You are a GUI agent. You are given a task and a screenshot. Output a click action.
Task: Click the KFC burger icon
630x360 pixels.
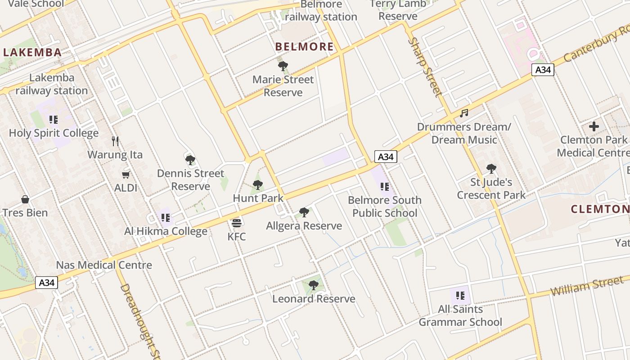tap(237, 223)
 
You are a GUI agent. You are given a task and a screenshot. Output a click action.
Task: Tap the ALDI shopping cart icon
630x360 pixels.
tap(126, 175)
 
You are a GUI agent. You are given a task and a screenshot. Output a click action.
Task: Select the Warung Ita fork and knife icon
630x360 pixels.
tap(115, 141)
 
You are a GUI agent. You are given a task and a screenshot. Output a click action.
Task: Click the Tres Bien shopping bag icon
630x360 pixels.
tap(25, 199)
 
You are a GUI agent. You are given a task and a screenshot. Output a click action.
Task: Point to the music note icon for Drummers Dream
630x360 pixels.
tap(464, 113)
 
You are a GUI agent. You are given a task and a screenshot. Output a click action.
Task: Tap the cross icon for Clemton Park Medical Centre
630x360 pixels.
tap(594, 126)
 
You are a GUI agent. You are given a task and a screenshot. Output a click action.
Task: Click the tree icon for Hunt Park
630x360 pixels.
tap(257, 184)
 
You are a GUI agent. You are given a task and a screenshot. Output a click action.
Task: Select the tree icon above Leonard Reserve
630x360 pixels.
tap(314, 285)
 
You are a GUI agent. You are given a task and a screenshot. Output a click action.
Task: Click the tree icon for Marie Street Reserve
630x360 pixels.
tap(283, 66)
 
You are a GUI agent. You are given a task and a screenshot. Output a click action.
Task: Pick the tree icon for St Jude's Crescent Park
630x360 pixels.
tap(491, 169)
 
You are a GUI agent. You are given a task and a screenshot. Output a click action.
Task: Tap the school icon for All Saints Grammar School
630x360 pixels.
tap(460, 296)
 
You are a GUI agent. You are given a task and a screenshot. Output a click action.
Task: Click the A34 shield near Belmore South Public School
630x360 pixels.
tap(386, 157)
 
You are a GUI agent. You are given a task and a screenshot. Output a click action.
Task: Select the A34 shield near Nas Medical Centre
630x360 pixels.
tap(46, 283)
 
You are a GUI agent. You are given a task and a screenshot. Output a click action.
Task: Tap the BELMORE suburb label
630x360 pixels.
tap(304, 46)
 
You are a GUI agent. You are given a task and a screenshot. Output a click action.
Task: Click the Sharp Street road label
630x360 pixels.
tap(425, 67)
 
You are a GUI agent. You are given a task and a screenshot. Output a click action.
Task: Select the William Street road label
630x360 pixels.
tap(587, 287)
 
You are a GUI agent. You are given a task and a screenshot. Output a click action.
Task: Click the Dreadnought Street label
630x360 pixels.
tap(139, 322)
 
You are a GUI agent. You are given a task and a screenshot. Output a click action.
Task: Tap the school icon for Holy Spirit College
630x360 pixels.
tap(54, 120)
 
